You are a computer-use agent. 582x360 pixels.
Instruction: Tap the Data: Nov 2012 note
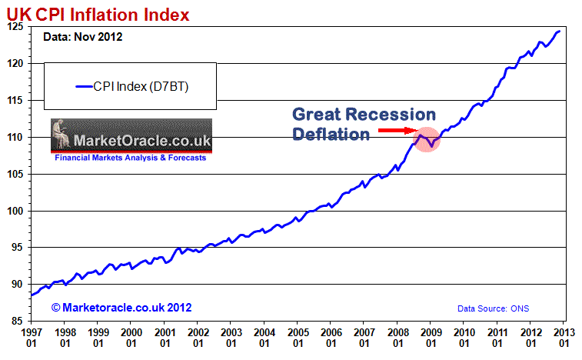(x=82, y=37)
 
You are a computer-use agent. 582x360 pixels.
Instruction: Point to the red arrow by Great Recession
(x=399, y=132)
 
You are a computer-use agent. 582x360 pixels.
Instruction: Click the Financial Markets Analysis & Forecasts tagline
(x=130, y=157)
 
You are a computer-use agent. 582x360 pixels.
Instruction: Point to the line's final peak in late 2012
(x=559, y=31)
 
